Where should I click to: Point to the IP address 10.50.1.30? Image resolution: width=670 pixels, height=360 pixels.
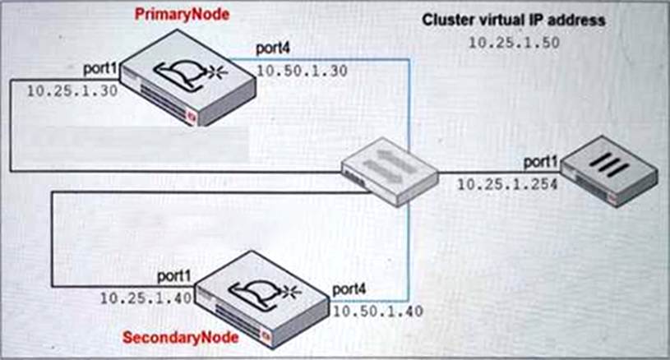tap(301, 72)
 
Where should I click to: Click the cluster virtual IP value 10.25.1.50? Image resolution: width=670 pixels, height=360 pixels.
tap(514, 43)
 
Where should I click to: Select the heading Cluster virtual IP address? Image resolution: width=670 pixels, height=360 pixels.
tap(514, 20)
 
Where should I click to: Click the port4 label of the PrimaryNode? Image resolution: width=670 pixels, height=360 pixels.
tap(274, 51)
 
